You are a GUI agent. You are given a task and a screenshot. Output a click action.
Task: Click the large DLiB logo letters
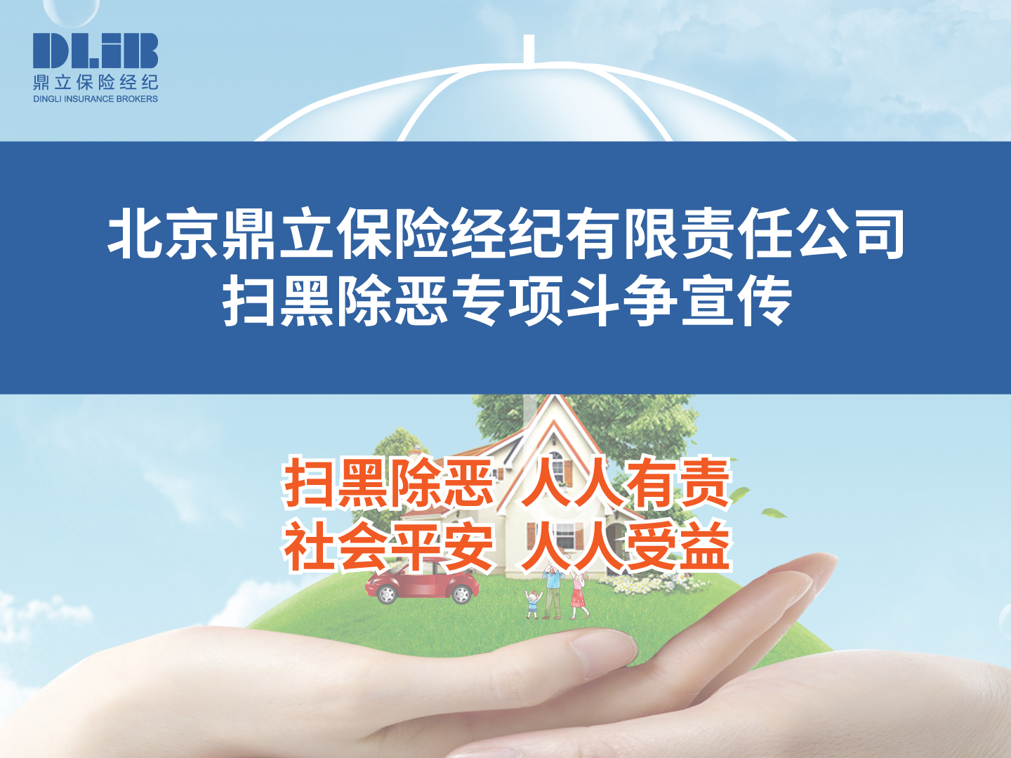coord(95,50)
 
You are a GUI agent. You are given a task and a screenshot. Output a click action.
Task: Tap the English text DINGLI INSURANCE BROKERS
coord(95,99)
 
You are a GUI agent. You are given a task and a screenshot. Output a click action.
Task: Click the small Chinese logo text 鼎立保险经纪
coord(95,82)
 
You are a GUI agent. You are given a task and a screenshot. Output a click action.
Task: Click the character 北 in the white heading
coord(133,232)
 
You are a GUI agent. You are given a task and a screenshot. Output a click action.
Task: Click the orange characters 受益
coord(677,547)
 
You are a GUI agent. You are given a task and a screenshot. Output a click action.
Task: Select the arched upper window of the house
coord(557,466)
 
